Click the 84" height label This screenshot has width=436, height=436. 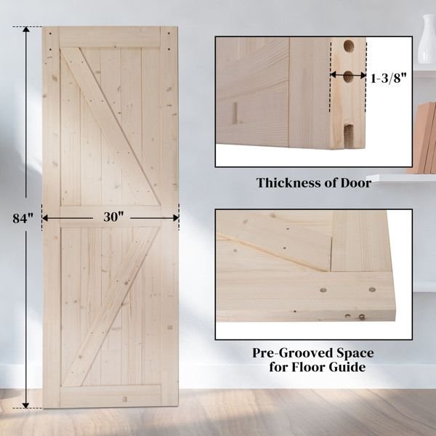pyautogui.click(x=23, y=218)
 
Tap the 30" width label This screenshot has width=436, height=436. pyautogui.click(x=113, y=217)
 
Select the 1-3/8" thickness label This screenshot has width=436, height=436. pyautogui.click(x=389, y=78)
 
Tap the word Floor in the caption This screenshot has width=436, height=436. pyautogui.click(x=308, y=367)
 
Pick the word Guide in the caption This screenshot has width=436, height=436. pyautogui.click(x=347, y=367)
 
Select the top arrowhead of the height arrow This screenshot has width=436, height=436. pyautogui.click(x=26, y=30)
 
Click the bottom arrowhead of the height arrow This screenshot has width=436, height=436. pyautogui.click(x=26, y=405)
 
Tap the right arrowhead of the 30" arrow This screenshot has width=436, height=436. pyautogui.click(x=176, y=218)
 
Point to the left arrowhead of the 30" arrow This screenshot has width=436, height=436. pyautogui.click(x=45, y=218)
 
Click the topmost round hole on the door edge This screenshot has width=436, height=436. pyautogui.click(x=348, y=46)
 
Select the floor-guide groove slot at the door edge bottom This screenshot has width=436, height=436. pyautogui.click(x=348, y=136)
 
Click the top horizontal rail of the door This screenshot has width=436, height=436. pyautogui.click(x=110, y=37)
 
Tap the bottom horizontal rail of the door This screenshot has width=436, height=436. pyautogui.click(x=110, y=396)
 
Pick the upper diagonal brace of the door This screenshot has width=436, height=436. pyautogui.click(x=110, y=126)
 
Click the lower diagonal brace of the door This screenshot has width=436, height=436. pyautogui.click(x=110, y=307)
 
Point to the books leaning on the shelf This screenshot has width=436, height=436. pyautogui.click(x=423, y=138)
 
